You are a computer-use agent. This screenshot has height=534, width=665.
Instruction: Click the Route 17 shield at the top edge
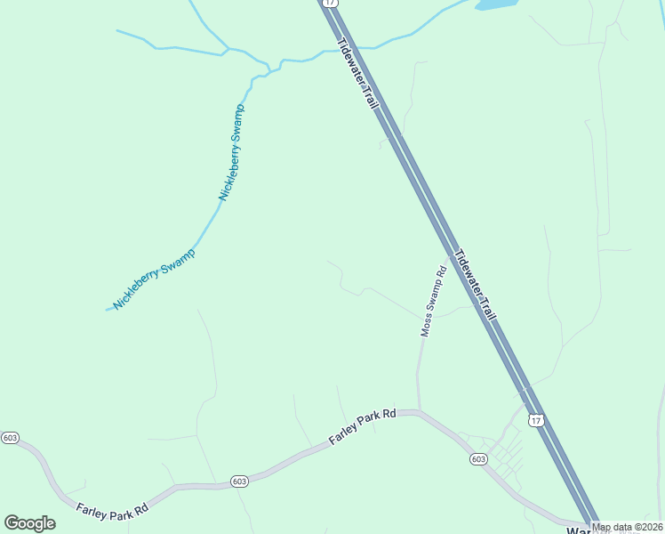[x=331, y=3]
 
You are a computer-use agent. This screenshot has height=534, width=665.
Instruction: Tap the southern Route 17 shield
[x=534, y=419]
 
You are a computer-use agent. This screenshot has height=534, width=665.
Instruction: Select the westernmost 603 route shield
[x=10, y=438]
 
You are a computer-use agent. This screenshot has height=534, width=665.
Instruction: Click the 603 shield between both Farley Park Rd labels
[x=238, y=481]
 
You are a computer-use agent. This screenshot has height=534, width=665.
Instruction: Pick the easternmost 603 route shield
[x=478, y=459]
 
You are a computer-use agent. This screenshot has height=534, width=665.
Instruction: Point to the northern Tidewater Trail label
[x=359, y=74]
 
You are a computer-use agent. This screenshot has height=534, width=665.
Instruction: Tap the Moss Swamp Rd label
[x=432, y=302]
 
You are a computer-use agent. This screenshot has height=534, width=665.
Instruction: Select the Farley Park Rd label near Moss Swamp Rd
[x=362, y=426]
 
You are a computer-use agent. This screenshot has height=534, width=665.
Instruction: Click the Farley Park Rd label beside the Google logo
[x=111, y=511]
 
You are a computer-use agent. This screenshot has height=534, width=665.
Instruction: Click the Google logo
[x=29, y=523]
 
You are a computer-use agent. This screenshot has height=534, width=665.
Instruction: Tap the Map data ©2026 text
[x=627, y=527]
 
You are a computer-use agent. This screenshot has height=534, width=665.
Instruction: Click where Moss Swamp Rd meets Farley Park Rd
[x=418, y=411]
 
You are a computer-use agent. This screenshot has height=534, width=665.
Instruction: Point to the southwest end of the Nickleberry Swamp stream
[x=108, y=310]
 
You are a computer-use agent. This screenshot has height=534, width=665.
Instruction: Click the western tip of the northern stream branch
[x=117, y=30]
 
